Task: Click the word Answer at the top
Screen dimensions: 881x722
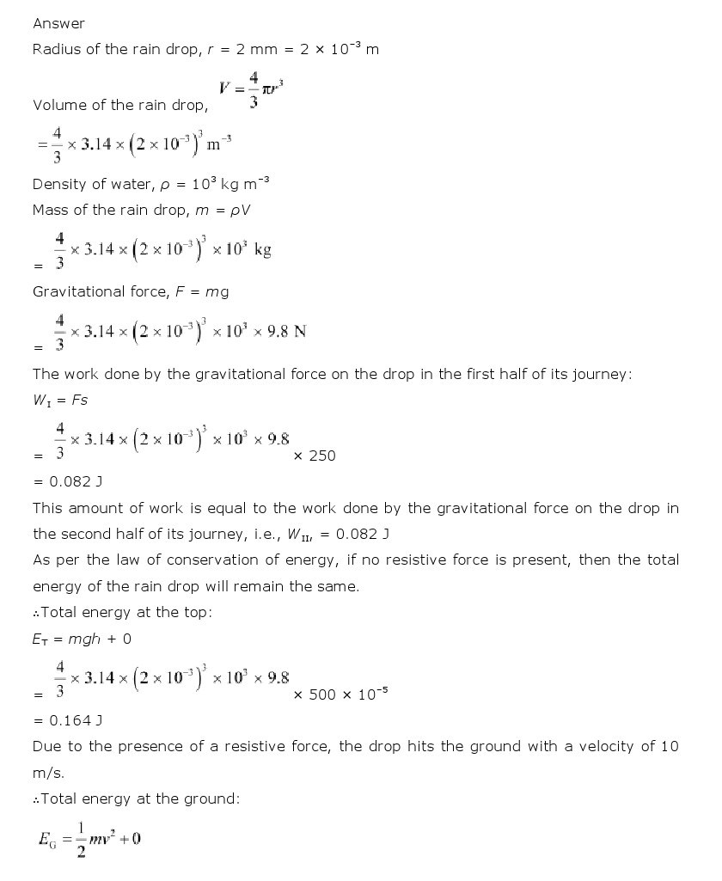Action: pyautogui.click(x=59, y=24)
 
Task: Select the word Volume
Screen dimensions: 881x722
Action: pyautogui.click(x=58, y=106)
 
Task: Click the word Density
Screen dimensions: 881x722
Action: pyautogui.click(x=58, y=184)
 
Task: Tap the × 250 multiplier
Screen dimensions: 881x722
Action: pyautogui.click(x=315, y=456)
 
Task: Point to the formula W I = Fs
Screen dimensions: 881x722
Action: pyautogui.click(x=60, y=401)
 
